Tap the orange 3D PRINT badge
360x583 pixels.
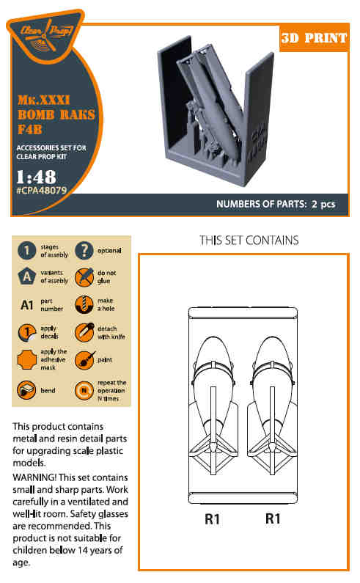pos(315,38)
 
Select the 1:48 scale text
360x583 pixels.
pos(37,177)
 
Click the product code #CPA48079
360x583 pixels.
pos(41,191)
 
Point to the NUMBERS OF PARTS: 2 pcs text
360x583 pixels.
pos(276,204)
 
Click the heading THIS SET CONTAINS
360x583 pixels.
pos(249,241)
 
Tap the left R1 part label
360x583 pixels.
pos(212,518)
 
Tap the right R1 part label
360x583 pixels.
pos(273,518)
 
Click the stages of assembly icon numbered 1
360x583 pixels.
pos(27,251)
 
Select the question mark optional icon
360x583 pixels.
pos(84,251)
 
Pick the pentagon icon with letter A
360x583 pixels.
pos(27,276)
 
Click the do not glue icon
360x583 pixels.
pos(84,277)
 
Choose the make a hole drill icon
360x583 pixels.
pos(84,305)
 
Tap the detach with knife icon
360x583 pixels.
pos(84,332)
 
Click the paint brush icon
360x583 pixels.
pos(84,359)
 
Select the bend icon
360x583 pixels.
pos(26,390)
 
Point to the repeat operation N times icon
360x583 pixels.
pos(84,390)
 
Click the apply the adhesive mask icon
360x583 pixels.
pos(27,359)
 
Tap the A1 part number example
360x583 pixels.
pos(27,305)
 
